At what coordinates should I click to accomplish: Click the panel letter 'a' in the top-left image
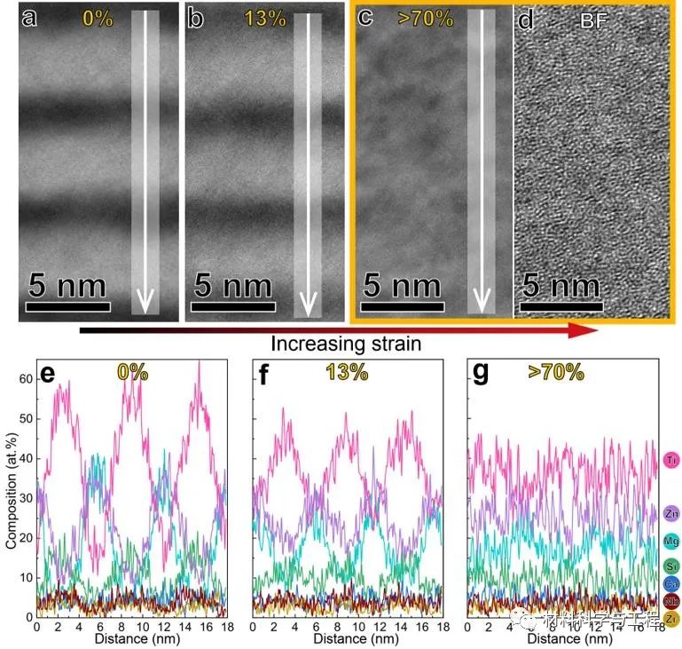pyautogui.click(x=30, y=18)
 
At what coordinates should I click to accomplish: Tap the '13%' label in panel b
pyautogui.click(x=262, y=19)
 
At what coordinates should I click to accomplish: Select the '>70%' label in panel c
pyautogui.click(x=426, y=18)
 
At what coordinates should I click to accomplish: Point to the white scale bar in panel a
pyautogui.click(x=68, y=307)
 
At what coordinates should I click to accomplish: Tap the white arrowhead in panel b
pyautogui.click(x=309, y=305)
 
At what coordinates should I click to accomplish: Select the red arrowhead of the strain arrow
pyautogui.click(x=584, y=330)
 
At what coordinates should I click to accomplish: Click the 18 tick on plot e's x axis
pyautogui.click(x=225, y=626)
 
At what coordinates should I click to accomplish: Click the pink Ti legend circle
pyautogui.click(x=671, y=460)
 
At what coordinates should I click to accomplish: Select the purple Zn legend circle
pyautogui.click(x=671, y=513)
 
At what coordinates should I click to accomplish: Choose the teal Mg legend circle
pyautogui.click(x=671, y=541)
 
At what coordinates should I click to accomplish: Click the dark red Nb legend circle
pyautogui.click(x=671, y=601)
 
